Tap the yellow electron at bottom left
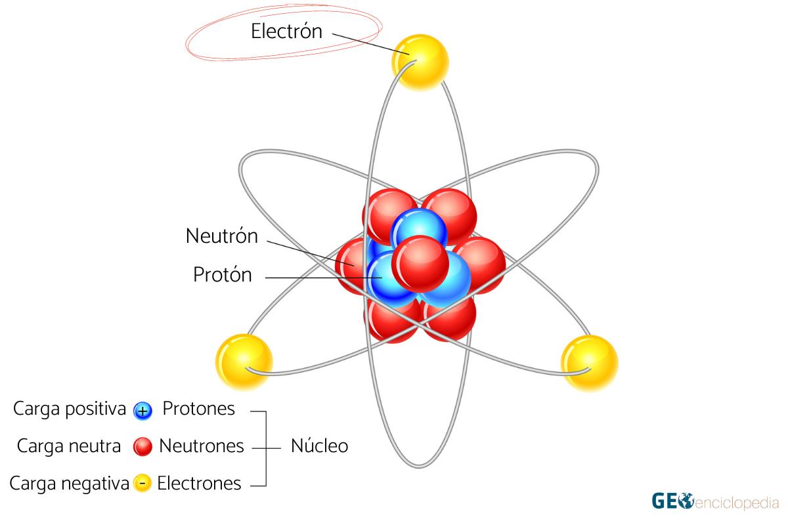coord(244,362)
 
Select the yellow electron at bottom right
coord(589,363)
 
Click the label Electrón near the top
coord(286,31)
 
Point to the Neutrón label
coord(222,236)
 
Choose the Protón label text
coord(222,275)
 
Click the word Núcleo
coord(319,446)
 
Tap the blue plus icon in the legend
coord(142,411)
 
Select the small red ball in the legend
coord(142,447)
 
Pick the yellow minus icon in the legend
coord(142,484)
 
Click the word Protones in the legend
coord(198,409)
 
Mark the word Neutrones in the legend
coord(202,446)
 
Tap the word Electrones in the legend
coord(200,484)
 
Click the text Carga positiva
coord(69,409)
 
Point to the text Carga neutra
coord(69,446)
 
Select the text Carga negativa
coord(69,484)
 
